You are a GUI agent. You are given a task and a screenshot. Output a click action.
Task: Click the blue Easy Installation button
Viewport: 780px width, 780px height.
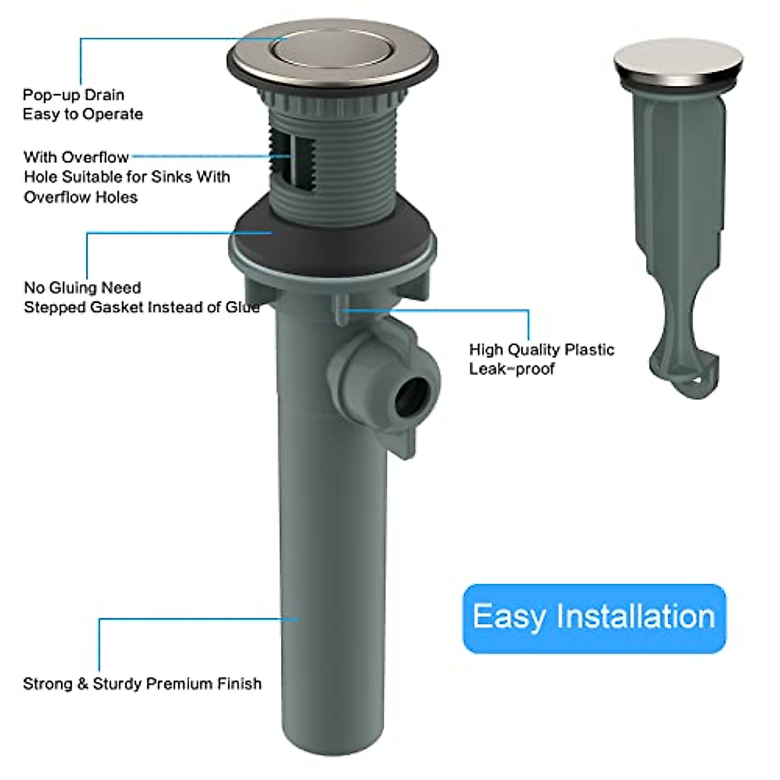point(593,617)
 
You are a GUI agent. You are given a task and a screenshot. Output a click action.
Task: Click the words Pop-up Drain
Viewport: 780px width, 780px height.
point(73,95)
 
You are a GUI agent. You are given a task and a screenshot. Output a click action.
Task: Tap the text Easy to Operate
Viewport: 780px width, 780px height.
point(83,114)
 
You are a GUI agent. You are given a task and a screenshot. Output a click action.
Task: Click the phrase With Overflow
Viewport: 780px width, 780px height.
point(76,157)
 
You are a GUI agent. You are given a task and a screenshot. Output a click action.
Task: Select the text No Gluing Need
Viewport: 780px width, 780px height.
point(82,287)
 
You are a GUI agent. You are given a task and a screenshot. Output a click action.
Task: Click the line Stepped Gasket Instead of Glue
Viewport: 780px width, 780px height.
point(141,307)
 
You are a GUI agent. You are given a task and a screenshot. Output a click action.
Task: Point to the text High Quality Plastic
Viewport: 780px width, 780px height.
point(541,350)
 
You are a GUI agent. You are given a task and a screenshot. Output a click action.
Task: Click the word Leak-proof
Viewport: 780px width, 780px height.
point(512,369)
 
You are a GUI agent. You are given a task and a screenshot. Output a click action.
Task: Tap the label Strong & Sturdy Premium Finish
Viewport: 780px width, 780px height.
point(142,684)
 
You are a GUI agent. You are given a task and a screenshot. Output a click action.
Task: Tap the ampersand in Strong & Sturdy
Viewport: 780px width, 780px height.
point(83,684)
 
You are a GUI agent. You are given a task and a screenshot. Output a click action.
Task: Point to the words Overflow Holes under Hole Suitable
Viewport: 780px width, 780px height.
point(81,197)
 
